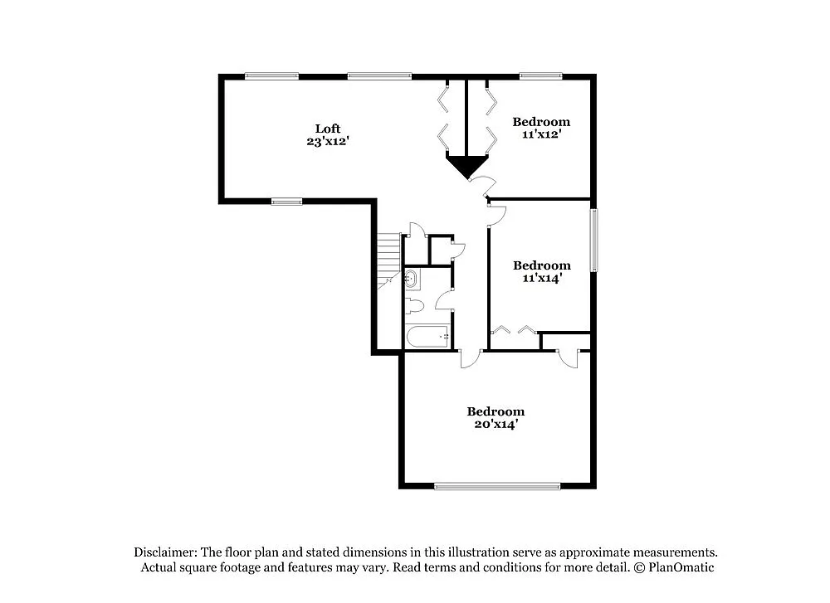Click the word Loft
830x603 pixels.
click(327, 129)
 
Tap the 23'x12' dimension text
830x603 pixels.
click(327, 142)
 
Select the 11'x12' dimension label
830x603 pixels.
click(541, 135)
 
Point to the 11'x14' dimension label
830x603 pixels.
click(541, 279)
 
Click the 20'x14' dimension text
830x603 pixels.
click(496, 425)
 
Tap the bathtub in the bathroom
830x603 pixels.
click(427, 337)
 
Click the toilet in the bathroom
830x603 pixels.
click(414, 306)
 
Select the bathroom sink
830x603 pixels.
click(413, 279)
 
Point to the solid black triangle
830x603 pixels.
click(467, 165)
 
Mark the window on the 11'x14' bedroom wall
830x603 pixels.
click(593, 240)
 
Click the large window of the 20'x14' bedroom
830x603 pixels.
click(497, 486)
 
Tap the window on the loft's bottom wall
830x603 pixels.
click(286, 201)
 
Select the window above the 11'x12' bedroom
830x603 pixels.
click(540, 76)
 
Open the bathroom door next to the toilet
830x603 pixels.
click(443, 300)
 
